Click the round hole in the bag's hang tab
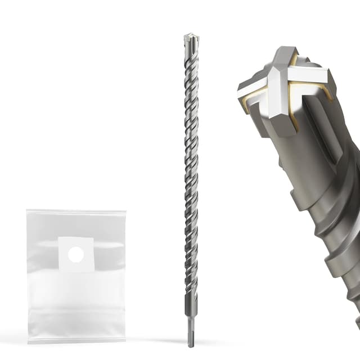click(76, 255)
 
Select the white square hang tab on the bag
click(76, 255)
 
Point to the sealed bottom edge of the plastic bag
click(76, 339)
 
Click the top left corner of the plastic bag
click(27, 210)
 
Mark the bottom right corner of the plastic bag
click(125, 341)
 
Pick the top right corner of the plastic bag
click(125, 210)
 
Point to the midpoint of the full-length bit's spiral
click(191, 169)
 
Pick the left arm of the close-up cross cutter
click(253, 87)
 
